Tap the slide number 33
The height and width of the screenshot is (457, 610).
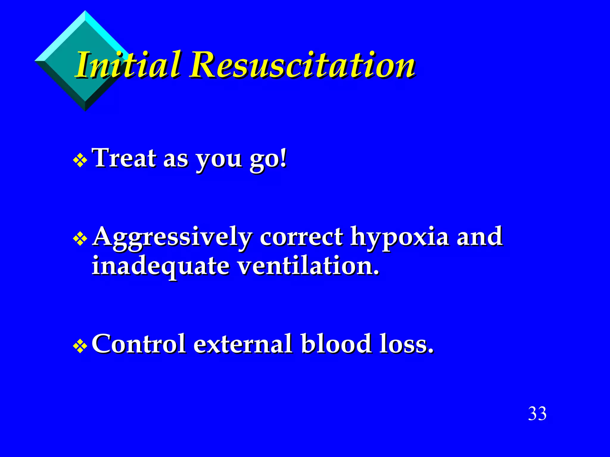pos(537,414)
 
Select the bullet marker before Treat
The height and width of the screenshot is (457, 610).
pos(80,160)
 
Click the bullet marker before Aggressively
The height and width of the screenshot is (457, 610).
pos(80,239)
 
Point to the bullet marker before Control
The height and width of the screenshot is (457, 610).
pos(80,346)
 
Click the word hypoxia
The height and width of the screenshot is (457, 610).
pos(399,237)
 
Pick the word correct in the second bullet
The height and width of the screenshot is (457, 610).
pos(301,237)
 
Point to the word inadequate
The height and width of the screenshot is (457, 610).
pos(160,266)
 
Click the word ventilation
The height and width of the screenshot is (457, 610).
pos(309,266)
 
